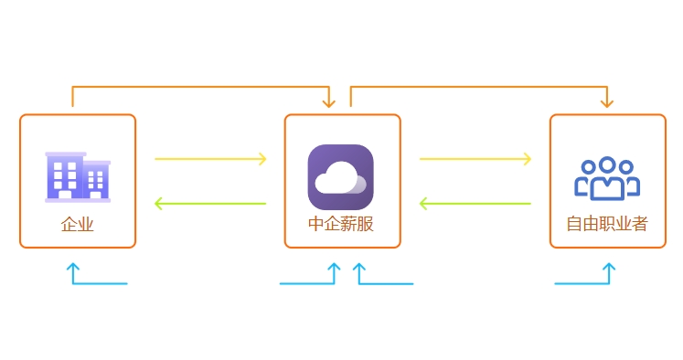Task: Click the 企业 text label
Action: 78,224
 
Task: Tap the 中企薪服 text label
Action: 341,224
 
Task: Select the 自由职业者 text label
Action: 606,224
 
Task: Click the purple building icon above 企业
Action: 78,175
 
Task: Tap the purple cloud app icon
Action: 341,177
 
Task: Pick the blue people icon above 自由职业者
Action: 604,178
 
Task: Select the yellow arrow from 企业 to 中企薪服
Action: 210,159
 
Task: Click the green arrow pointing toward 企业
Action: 210,203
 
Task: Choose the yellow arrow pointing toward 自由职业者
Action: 475,159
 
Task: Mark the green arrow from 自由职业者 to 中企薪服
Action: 475,203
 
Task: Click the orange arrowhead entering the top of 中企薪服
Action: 328,102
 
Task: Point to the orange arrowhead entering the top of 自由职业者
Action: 604,102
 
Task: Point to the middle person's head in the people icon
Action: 604,167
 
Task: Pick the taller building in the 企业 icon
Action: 65,175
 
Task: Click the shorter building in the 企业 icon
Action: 96,180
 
